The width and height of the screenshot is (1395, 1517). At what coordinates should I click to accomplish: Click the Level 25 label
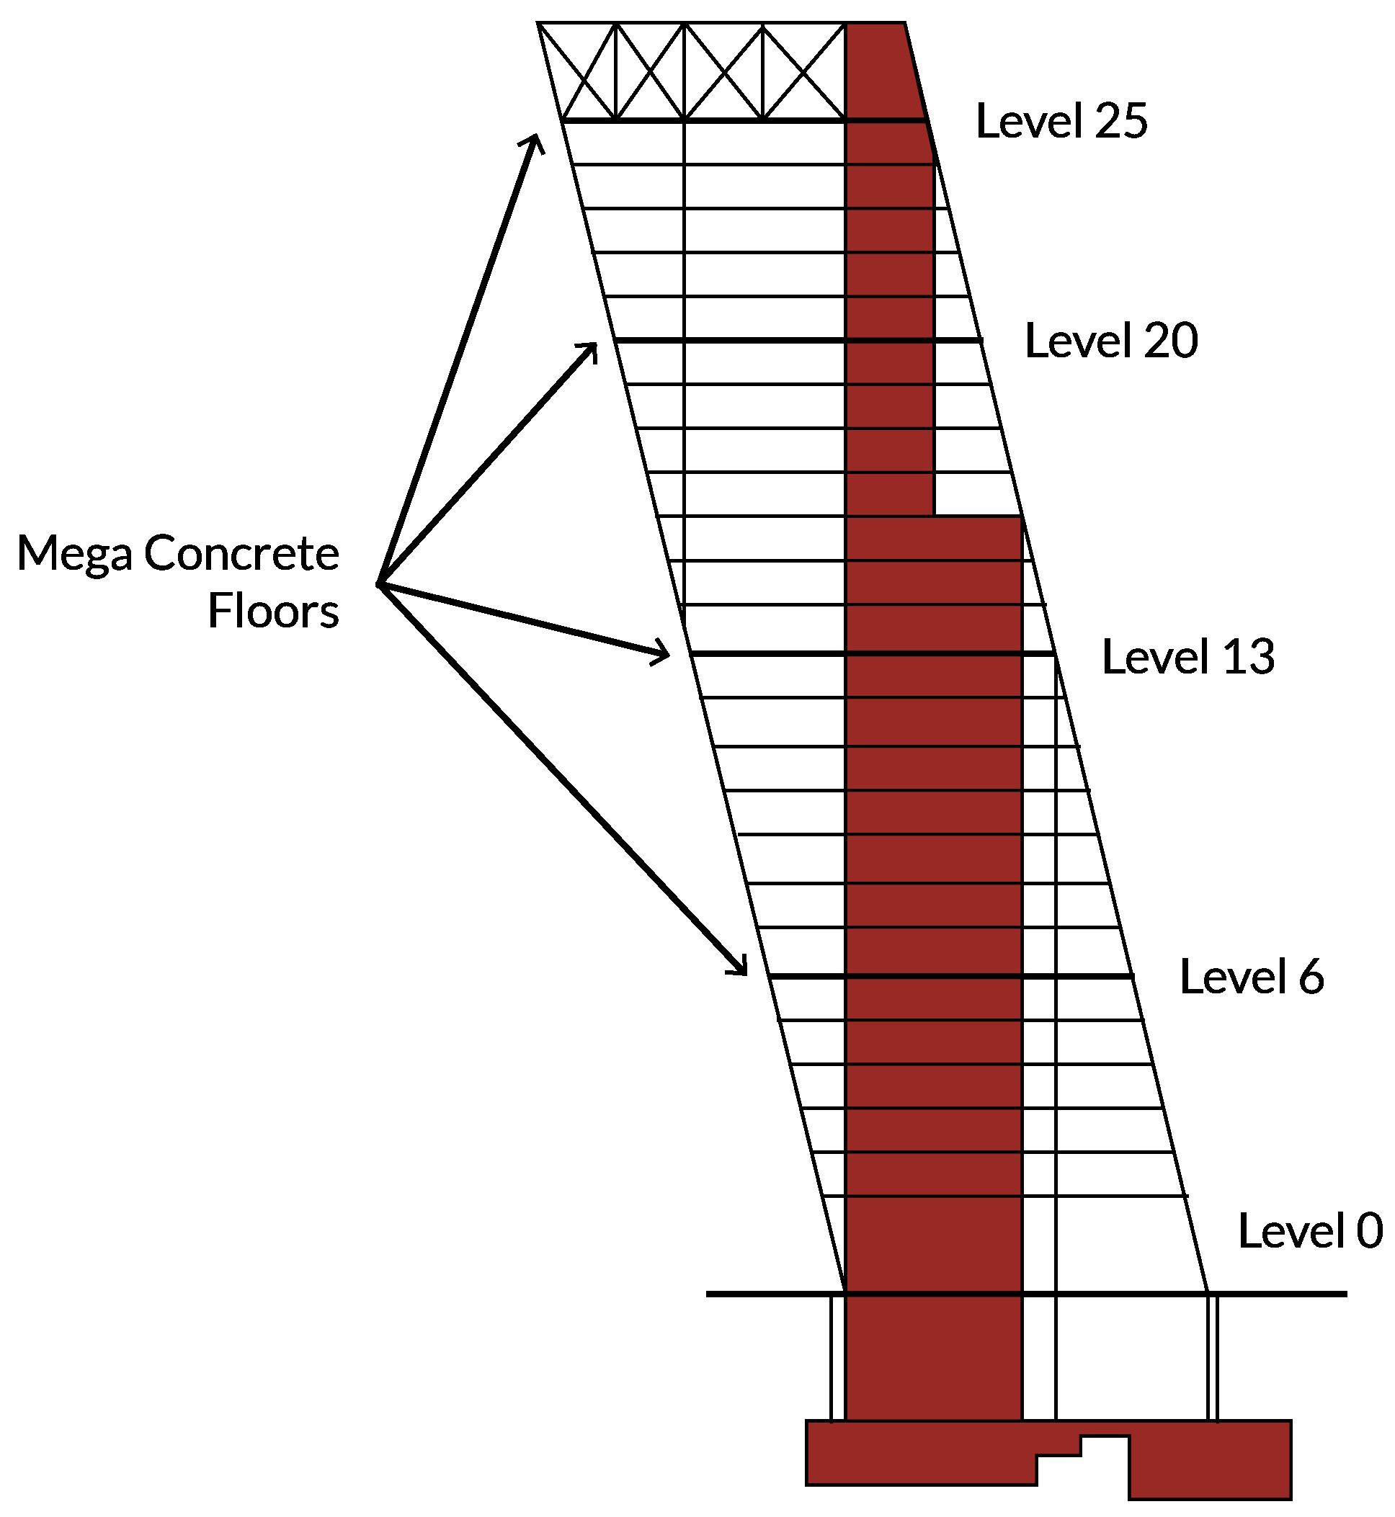1061,121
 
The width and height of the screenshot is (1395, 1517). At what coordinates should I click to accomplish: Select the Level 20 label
1110,341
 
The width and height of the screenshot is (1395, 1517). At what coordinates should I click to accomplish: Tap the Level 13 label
1188,657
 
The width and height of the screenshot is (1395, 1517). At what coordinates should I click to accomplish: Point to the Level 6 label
1251,977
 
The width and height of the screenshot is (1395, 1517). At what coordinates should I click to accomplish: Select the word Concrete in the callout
241,553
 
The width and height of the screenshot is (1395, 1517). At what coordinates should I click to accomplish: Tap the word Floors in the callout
273,611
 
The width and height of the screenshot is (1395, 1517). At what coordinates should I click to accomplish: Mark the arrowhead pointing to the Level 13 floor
662,652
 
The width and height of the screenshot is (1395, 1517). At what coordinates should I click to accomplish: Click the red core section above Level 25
879,70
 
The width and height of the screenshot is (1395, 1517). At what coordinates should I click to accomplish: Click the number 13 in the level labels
1248,657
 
